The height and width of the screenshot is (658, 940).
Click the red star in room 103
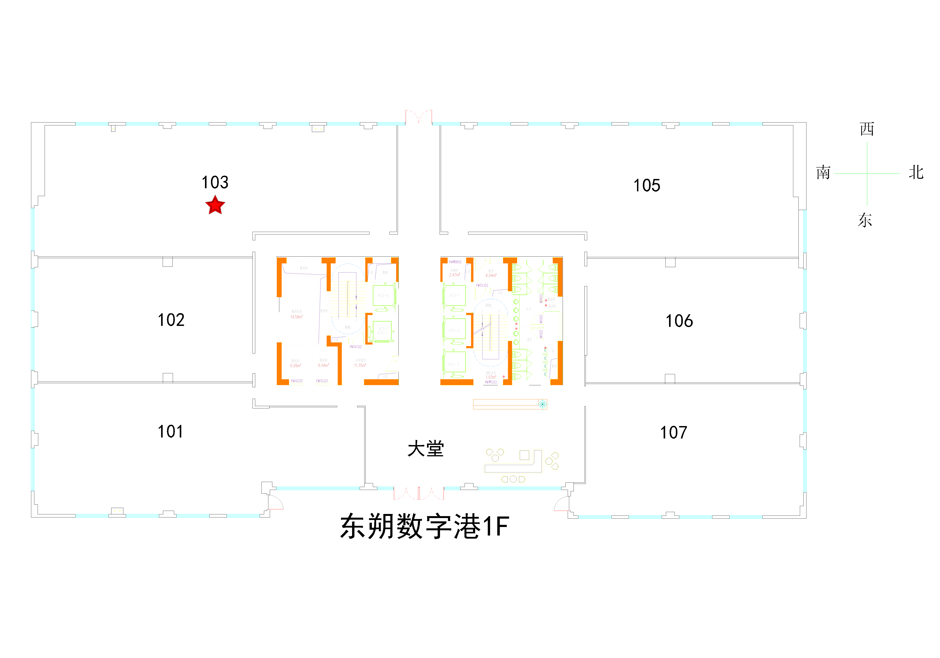click(215, 206)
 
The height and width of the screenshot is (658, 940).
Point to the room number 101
click(170, 431)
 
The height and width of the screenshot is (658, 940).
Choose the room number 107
click(674, 432)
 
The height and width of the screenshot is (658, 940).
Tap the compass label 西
click(867, 129)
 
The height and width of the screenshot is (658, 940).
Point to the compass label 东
click(865, 220)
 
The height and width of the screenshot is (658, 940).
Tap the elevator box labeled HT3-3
click(454, 364)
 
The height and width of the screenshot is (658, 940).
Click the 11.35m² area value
click(360, 365)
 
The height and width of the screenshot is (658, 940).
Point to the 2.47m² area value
click(454, 275)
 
